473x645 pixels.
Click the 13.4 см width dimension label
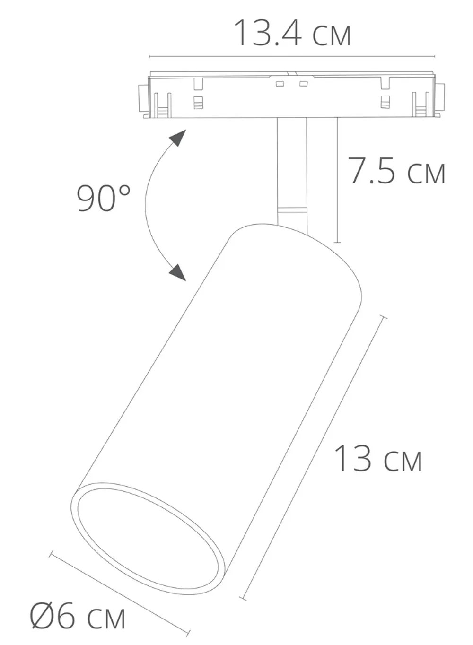(x=292, y=33)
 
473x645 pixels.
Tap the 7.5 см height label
(x=396, y=171)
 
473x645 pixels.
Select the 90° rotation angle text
(x=104, y=198)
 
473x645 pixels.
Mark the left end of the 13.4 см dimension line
(x=149, y=57)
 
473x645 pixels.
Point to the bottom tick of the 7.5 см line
(x=337, y=243)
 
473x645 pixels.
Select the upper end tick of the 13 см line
(x=383, y=318)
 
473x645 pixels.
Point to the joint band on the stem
(x=292, y=210)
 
